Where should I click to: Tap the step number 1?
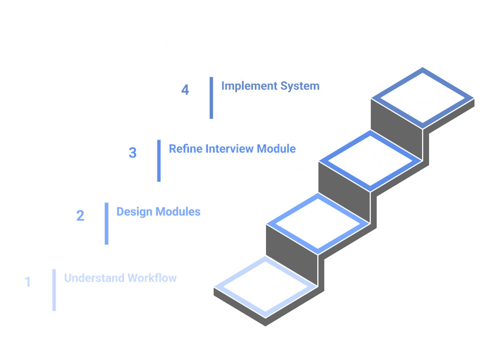point(28,282)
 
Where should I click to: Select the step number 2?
point(80,215)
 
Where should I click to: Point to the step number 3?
point(133,153)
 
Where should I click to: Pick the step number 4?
point(185,90)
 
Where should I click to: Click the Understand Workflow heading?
point(120,278)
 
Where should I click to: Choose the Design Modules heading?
point(158,212)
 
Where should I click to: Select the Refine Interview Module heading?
point(232,148)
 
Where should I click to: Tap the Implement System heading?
point(270,86)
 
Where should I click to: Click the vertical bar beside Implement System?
point(211,97)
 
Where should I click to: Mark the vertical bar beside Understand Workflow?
point(54,289)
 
